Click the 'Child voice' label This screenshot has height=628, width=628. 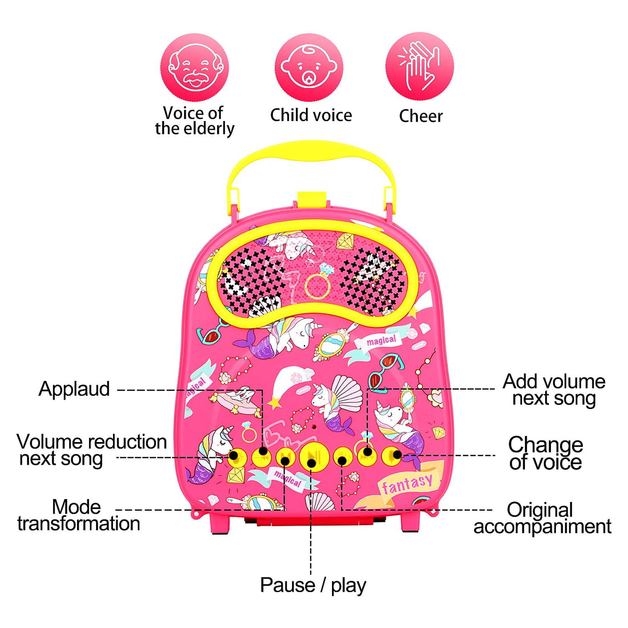(x=311, y=115)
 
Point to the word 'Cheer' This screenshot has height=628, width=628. (x=420, y=116)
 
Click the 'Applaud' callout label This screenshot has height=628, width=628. (x=74, y=389)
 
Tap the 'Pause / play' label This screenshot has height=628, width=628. (x=313, y=585)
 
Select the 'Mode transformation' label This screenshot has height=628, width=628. (x=78, y=515)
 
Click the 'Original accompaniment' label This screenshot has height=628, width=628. (x=542, y=518)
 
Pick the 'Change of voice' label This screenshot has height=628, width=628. (x=545, y=453)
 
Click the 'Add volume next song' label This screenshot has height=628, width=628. (x=553, y=390)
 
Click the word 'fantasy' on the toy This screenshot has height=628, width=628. (x=407, y=483)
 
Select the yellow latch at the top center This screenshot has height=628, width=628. (x=311, y=200)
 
